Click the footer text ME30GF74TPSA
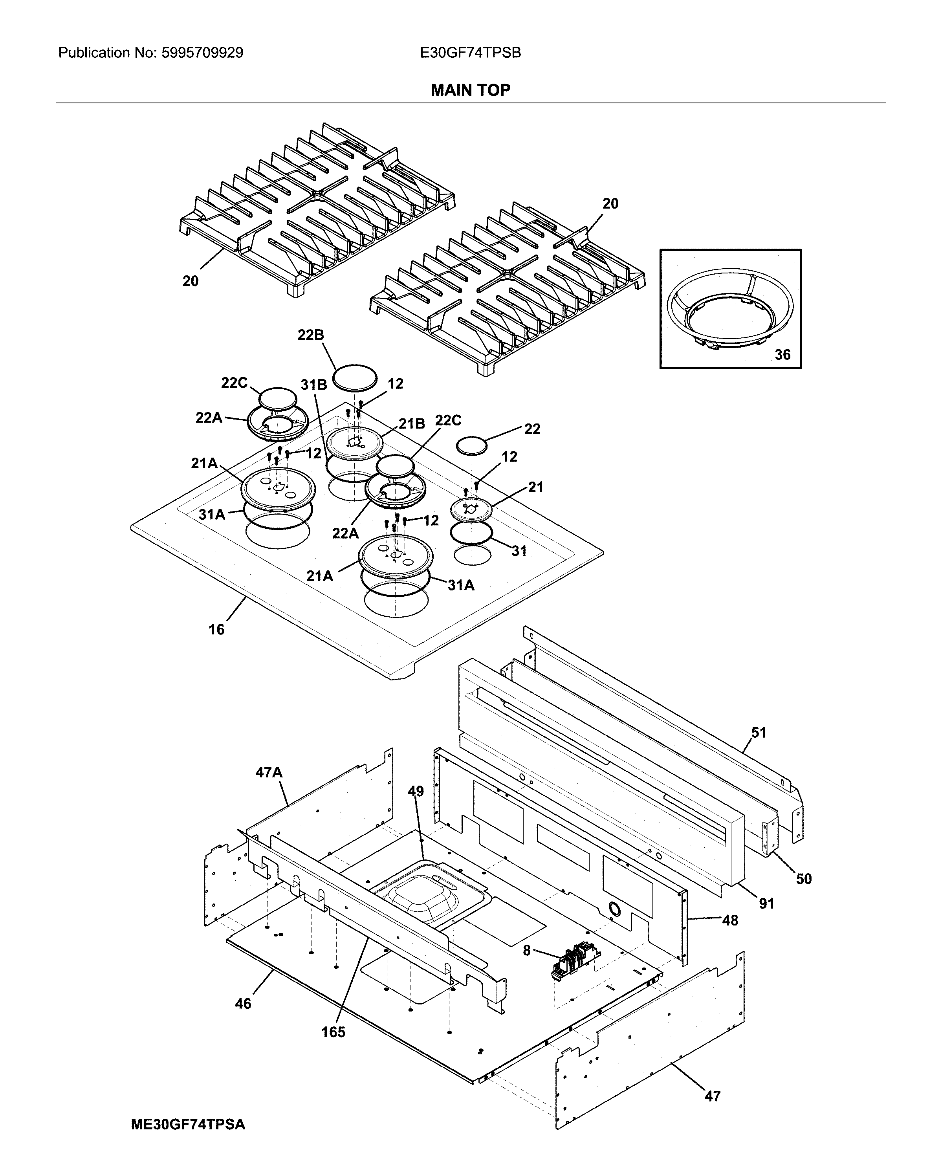pos(188,1124)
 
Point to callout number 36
pos(782,355)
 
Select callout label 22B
pos(310,335)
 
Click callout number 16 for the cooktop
pos(216,629)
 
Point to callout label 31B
pos(313,385)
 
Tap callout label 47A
pos(269,772)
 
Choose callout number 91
pos(766,903)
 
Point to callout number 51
pos(759,733)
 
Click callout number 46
pos(243,1004)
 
